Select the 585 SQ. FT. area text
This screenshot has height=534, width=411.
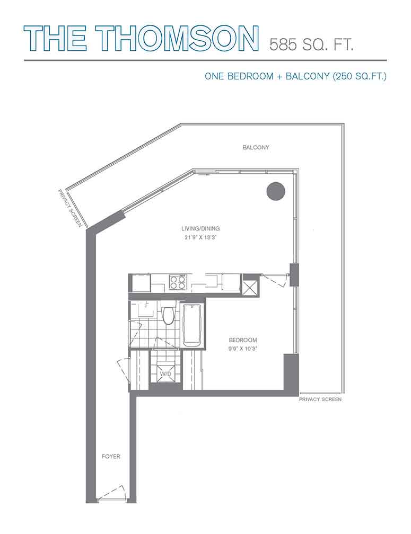coord(311,44)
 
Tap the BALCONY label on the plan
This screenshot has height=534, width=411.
coord(256,147)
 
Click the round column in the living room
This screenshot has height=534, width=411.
coord(275,191)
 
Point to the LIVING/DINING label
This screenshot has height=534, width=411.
coord(201,228)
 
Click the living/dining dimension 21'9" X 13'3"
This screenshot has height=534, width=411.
coord(201,238)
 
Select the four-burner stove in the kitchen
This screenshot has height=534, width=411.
coord(178,282)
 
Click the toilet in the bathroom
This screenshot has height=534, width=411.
coord(168,314)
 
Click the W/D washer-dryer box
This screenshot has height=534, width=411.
coord(165,373)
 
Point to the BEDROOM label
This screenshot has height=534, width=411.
coord(243,340)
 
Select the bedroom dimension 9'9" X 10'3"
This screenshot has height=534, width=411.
coord(243,349)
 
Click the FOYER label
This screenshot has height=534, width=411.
coord(111,456)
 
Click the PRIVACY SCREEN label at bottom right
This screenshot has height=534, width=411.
coord(320,399)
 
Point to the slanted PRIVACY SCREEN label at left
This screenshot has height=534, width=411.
coord(70,208)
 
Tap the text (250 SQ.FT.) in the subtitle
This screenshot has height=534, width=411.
coord(360,76)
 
